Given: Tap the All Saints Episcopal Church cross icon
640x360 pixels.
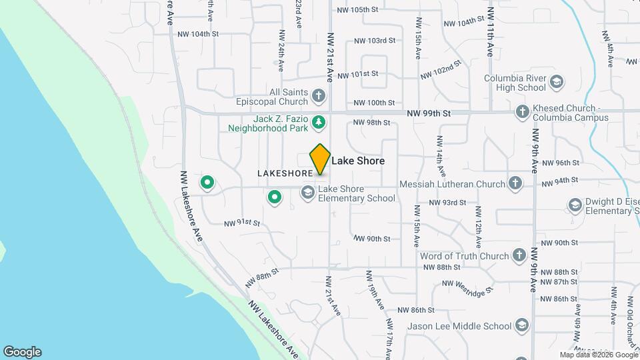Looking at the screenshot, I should point(319,97).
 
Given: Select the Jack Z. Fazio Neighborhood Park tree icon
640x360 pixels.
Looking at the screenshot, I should point(319,122).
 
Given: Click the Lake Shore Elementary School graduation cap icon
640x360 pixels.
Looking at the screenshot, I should point(307,193).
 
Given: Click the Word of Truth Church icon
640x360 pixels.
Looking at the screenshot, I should point(519,255).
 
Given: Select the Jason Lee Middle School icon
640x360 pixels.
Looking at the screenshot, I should point(522,325).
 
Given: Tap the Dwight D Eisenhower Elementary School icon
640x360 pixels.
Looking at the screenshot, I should point(574,205).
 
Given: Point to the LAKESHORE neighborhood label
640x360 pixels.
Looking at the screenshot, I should point(285,173).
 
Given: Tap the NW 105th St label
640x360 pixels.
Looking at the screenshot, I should point(357,10).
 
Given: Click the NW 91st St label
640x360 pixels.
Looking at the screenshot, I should point(241,223).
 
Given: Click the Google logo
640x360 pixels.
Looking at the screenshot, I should point(22,352).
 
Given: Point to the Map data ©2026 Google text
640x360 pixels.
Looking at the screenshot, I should point(598,355).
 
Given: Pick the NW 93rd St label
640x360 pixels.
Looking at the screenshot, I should point(445,202).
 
